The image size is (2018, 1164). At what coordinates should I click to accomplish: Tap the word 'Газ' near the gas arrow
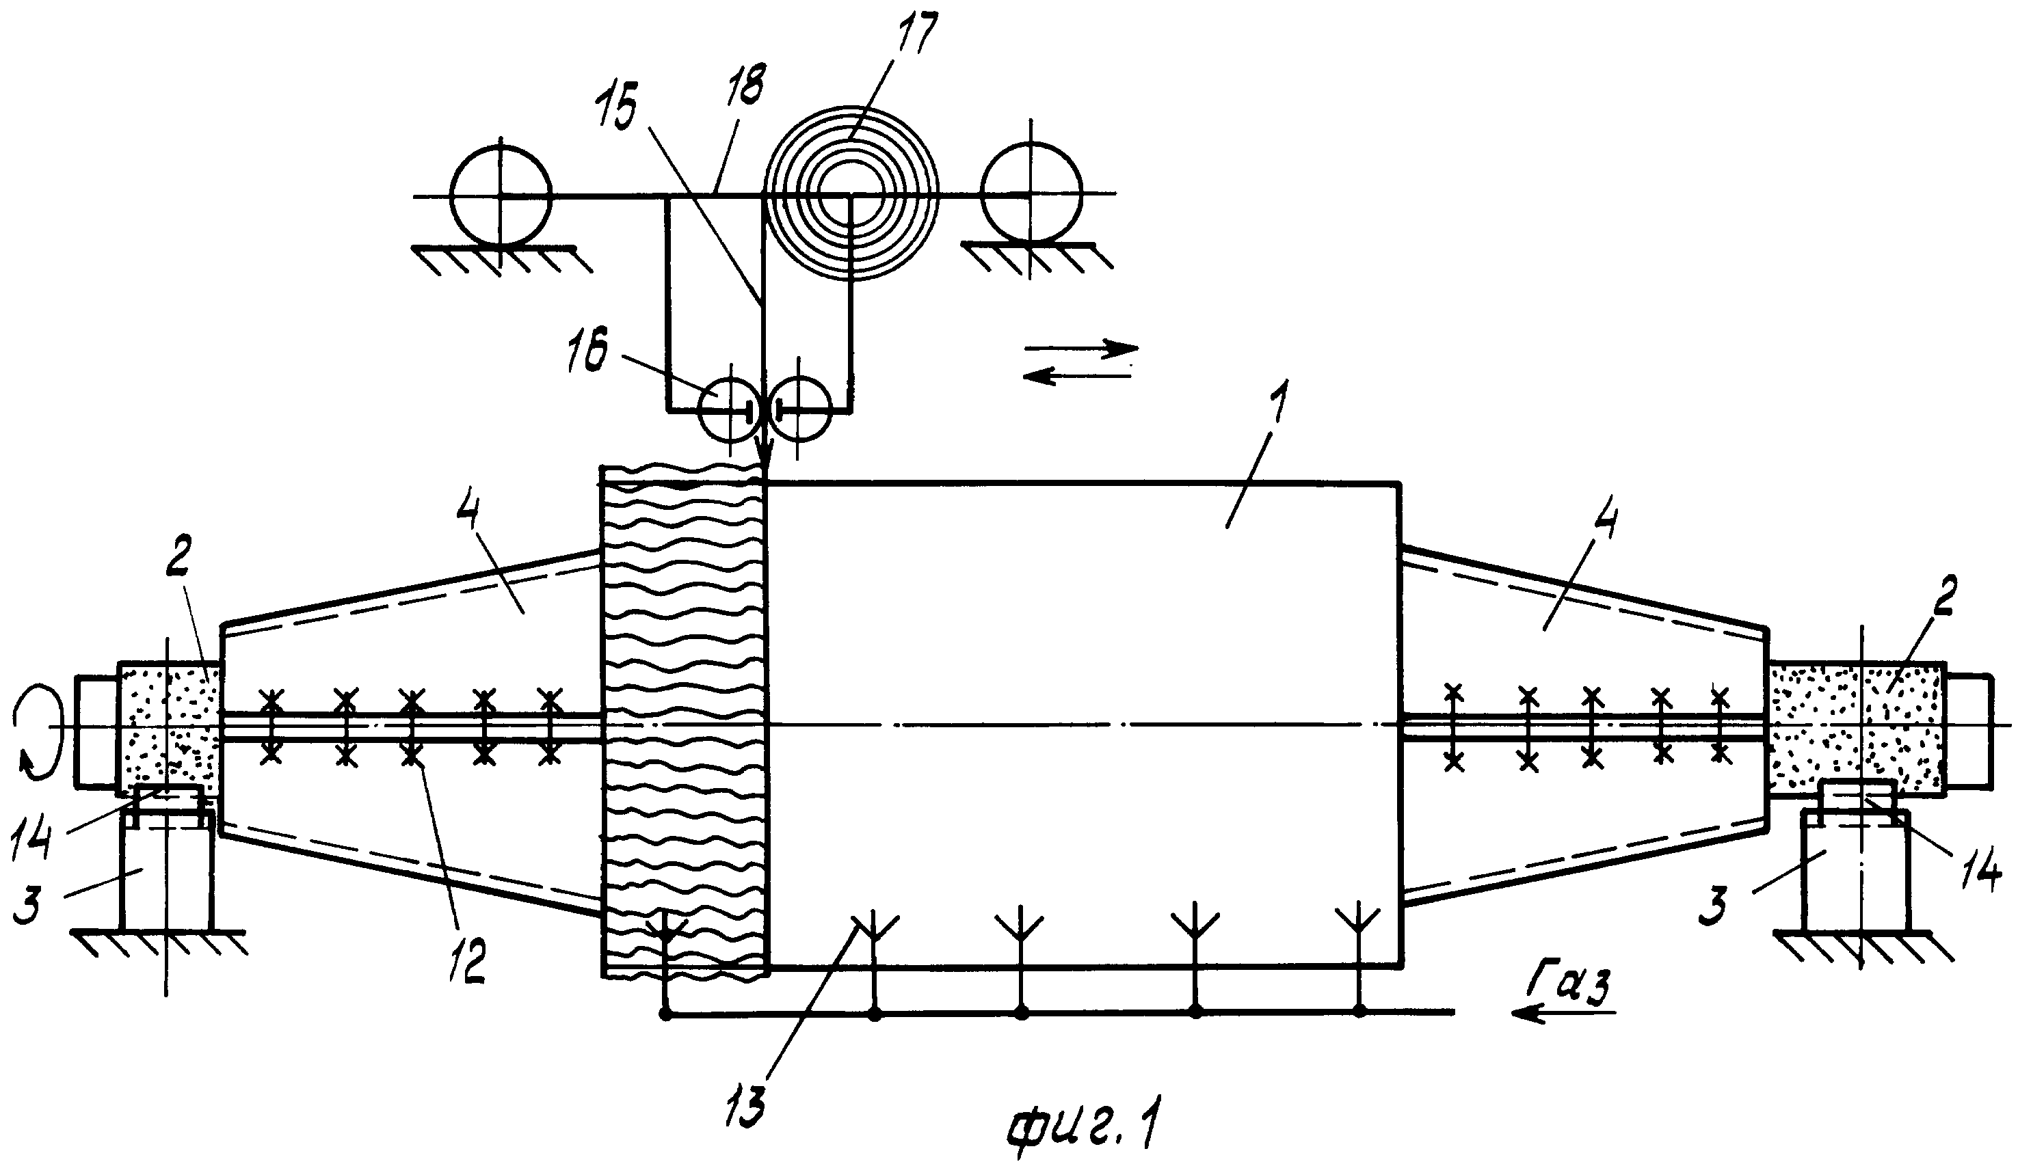coord(1564,984)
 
